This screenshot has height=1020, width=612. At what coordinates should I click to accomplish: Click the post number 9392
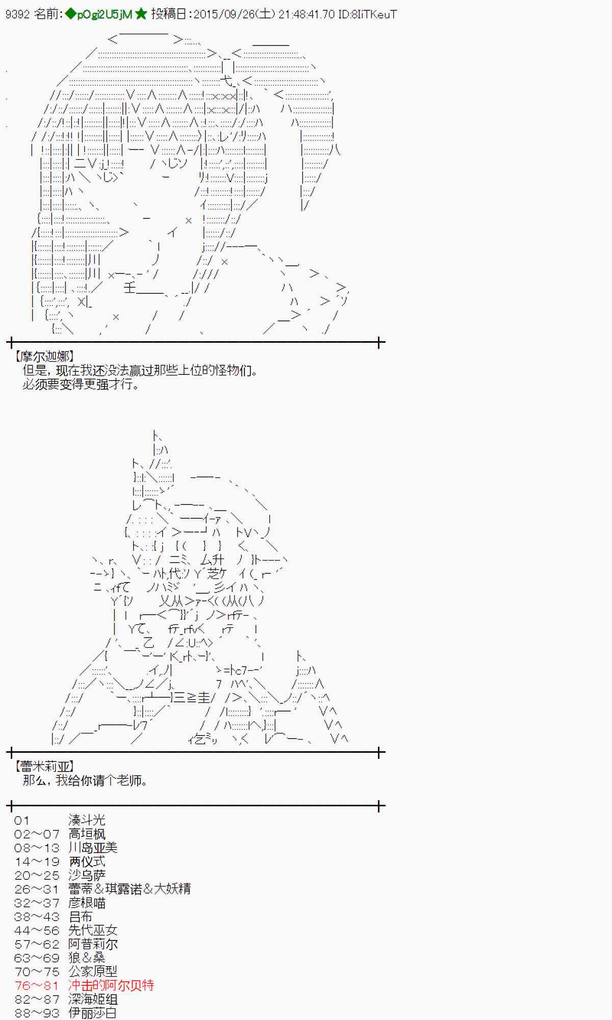tap(17, 14)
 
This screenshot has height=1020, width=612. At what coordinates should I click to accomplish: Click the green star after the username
tap(141, 14)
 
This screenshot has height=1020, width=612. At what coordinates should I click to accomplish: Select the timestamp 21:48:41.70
tap(307, 14)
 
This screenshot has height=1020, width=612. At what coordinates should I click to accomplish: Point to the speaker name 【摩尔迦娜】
tap(45, 356)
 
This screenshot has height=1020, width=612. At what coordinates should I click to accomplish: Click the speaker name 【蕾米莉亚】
tap(45, 766)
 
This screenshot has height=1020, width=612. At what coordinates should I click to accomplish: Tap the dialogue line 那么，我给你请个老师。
tap(86, 780)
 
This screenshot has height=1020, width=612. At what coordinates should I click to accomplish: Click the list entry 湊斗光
tap(87, 820)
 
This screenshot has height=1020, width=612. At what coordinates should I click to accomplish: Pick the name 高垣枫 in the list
tap(87, 834)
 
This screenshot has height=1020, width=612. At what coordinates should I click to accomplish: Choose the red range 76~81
tap(37, 985)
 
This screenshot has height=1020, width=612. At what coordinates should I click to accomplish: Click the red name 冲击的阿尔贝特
tap(111, 985)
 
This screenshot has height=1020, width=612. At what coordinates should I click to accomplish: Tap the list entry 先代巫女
tap(93, 930)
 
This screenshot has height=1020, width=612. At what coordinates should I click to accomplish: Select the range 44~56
tap(37, 930)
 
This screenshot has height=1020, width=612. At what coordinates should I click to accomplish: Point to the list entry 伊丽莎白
tap(93, 1013)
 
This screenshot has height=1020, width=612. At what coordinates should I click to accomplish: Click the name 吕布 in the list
tap(81, 916)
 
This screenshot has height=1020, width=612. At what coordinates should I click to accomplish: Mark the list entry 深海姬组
tap(93, 999)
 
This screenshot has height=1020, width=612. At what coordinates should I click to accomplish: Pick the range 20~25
tap(37, 875)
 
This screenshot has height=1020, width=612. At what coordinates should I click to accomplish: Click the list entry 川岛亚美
tap(93, 848)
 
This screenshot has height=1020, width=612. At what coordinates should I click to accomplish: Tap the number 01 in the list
tap(22, 820)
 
